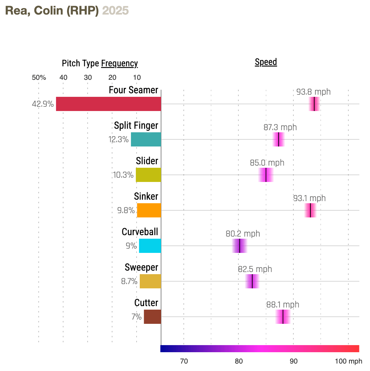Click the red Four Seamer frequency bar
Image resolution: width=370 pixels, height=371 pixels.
point(108,104)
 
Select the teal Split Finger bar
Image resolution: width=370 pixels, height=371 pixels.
point(146,139)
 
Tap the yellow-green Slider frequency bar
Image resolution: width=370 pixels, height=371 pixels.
point(148,175)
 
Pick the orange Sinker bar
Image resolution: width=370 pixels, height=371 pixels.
point(149,210)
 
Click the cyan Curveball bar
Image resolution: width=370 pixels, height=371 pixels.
point(150,246)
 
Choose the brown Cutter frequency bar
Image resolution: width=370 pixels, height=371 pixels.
point(152,317)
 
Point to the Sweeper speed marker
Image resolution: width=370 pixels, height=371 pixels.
point(252,281)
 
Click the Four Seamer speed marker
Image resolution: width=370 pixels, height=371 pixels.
point(314,104)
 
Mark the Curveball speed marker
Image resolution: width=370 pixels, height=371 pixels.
point(239,246)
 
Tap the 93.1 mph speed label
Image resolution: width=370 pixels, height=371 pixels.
point(309,198)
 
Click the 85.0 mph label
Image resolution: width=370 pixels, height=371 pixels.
point(267,163)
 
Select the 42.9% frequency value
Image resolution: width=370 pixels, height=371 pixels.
point(43,104)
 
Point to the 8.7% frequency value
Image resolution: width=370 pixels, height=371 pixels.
point(129,281)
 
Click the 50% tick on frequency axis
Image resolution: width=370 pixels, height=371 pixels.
point(39,78)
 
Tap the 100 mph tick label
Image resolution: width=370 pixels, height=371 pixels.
point(349,361)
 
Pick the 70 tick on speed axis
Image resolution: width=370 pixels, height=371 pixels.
point(184,361)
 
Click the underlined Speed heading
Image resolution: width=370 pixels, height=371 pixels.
point(266,62)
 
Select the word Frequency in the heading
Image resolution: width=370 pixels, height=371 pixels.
point(120,63)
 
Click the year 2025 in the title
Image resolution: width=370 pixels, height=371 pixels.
point(115,11)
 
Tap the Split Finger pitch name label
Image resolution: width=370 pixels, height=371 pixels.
point(136,125)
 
